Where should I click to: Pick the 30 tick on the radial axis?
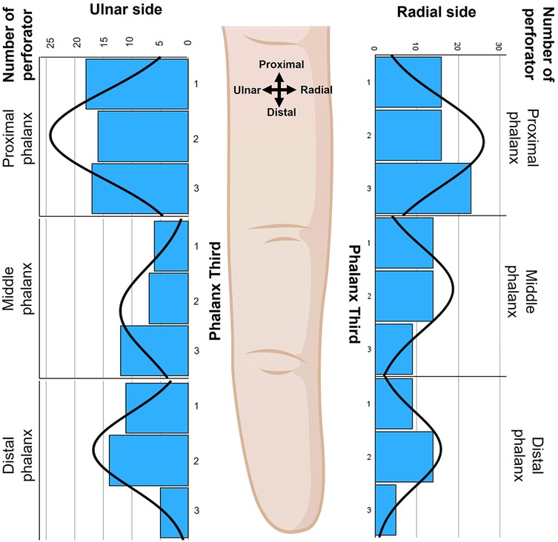click(499, 47)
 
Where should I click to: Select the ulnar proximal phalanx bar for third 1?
click(136, 84)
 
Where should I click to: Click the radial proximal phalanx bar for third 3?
click(422, 188)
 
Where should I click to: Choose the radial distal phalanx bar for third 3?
click(385, 509)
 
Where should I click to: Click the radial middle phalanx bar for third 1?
click(404, 243)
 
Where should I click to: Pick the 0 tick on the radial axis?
click(376, 47)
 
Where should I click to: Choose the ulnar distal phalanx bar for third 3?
click(173, 512)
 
